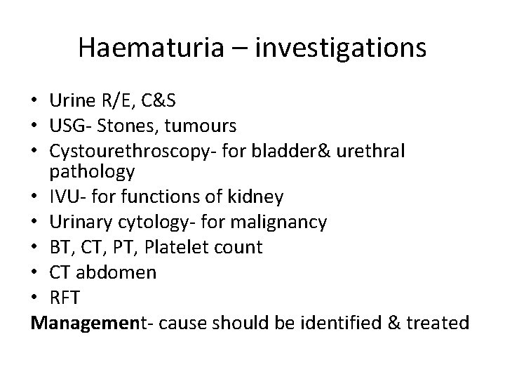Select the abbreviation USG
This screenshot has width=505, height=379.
pos(68,126)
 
